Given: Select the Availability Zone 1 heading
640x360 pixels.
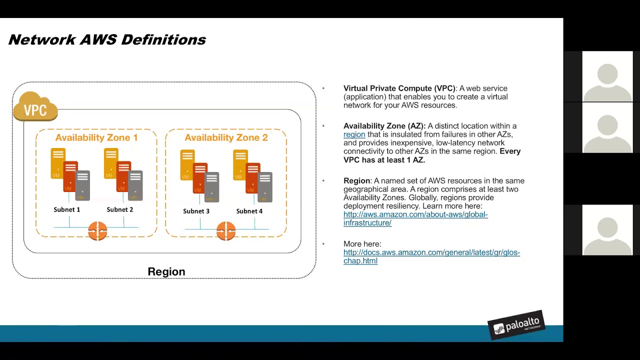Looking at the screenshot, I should (x=96, y=137).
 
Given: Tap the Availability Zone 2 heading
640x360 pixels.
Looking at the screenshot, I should (x=226, y=137).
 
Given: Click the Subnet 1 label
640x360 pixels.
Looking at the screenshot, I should (x=66, y=209).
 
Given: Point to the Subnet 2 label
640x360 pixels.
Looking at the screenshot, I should (x=119, y=209).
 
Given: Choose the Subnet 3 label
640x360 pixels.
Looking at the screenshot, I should (x=196, y=211).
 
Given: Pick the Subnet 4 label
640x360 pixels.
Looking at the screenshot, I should (x=249, y=211).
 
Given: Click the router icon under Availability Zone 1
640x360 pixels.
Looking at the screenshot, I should (x=97, y=231).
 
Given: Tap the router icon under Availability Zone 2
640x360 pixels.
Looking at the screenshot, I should (x=226, y=231).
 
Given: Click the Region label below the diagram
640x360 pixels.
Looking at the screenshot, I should (x=166, y=271).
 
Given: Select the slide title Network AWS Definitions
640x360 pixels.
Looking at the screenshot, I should (x=107, y=40).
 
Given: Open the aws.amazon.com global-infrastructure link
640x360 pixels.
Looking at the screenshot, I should (x=415, y=218).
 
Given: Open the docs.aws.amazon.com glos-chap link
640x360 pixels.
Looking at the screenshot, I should (x=431, y=256).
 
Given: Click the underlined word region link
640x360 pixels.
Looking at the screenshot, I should (x=354, y=134).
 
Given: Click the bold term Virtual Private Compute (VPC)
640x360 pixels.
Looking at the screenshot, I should (x=399, y=88).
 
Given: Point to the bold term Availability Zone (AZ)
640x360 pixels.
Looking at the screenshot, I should (x=384, y=126).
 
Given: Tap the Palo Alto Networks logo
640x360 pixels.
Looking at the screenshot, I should (x=516, y=325).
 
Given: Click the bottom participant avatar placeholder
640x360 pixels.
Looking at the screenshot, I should (x=607, y=229).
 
